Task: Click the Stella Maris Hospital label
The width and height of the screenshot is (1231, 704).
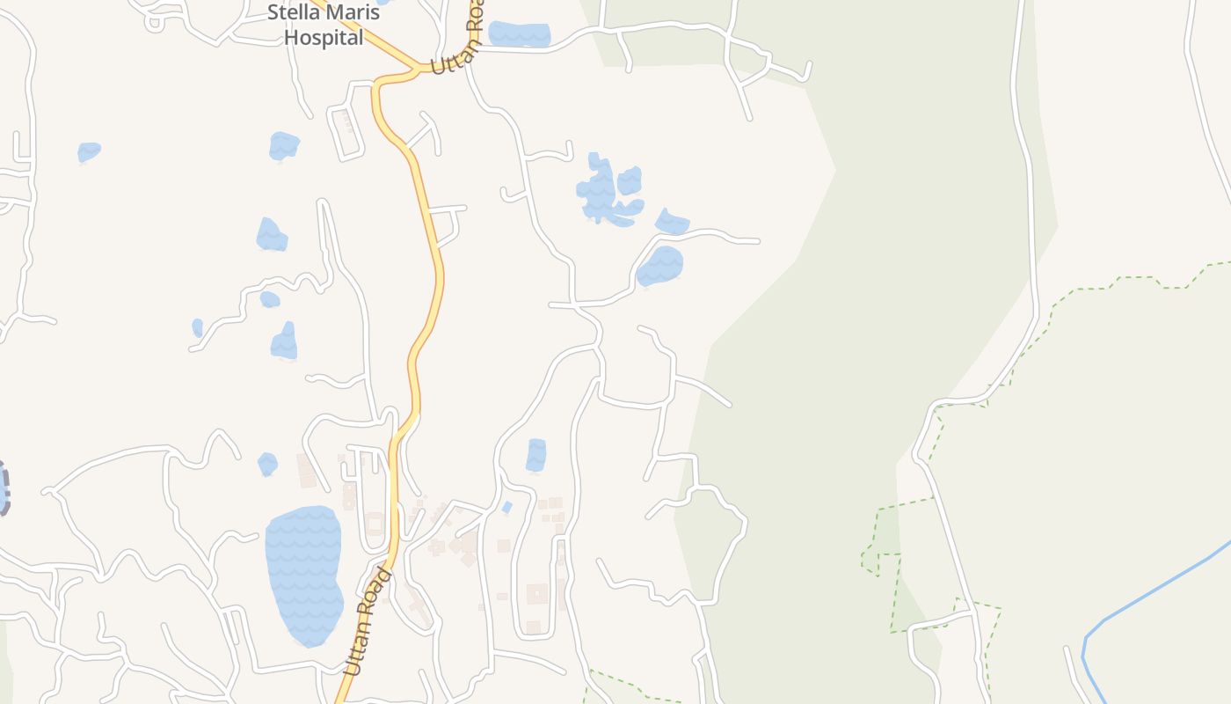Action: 324,26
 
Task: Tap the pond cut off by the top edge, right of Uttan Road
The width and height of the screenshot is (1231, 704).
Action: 519,34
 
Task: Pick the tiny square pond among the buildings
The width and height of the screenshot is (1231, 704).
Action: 506,508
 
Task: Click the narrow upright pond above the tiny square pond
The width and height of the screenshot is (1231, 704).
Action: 535,455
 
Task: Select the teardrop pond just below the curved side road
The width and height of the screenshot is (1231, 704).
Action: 659,267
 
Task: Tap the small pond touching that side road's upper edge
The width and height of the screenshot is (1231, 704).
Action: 673,223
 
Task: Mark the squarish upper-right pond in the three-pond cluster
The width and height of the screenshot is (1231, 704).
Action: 629,180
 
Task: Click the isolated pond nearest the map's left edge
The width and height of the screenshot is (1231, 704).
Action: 89,152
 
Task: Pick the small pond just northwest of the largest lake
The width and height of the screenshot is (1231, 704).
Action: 267,464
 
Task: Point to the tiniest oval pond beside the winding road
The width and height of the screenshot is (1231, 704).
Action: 198,327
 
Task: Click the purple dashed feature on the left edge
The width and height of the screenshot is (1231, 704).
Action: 4,488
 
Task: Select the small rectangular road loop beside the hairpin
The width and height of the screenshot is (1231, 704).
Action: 346,133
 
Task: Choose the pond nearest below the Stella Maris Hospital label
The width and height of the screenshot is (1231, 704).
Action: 284,145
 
